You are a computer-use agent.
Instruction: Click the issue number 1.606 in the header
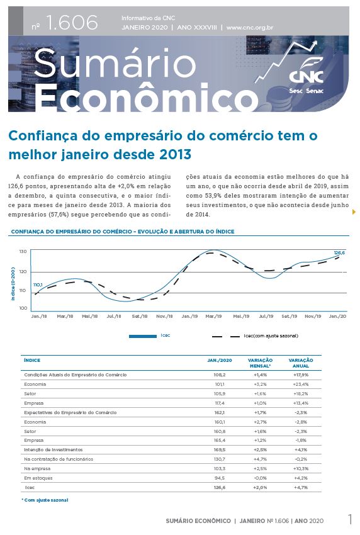[x=72, y=23]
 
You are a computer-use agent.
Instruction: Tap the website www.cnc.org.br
[x=250, y=28]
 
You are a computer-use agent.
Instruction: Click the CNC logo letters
[x=306, y=76]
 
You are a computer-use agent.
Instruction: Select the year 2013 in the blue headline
[x=174, y=155]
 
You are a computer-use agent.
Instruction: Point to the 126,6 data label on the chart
[x=339, y=253]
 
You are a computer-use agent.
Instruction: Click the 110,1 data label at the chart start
[x=38, y=285]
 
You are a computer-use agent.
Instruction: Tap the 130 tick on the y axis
[x=23, y=252]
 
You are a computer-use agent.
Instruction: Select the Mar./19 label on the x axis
[x=213, y=317]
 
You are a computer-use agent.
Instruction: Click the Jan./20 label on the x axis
[x=337, y=317]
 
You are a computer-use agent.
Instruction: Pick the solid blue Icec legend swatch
[x=143, y=336]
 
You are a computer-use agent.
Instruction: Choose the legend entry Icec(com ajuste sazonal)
[x=271, y=335]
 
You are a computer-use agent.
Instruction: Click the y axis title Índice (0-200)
[x=13, y=284]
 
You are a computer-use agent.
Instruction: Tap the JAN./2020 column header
[x=220, y=360]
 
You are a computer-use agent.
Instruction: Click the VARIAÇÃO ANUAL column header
[x=301, y=363]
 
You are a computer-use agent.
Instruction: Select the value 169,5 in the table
[x=220, y=449]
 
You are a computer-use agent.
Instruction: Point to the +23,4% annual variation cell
[x=301, y=384]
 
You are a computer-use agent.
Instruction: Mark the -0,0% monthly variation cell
[x=261, y=478]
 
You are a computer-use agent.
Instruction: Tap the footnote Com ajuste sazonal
[x=45, y=500]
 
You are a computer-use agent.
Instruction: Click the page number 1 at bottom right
[x=350, y=519]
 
